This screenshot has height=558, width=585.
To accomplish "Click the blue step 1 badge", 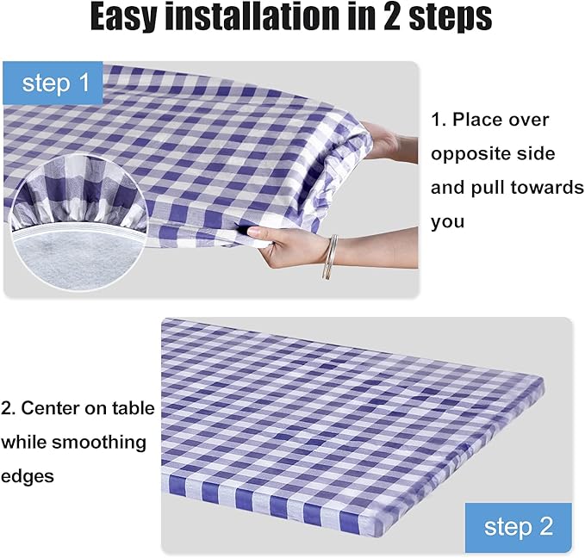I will (54, 83).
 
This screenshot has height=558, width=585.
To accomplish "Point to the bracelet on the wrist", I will (329, 257).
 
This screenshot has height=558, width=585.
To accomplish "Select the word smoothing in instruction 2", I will (103, 443).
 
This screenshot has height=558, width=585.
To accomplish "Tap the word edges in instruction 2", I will (28, 476).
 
